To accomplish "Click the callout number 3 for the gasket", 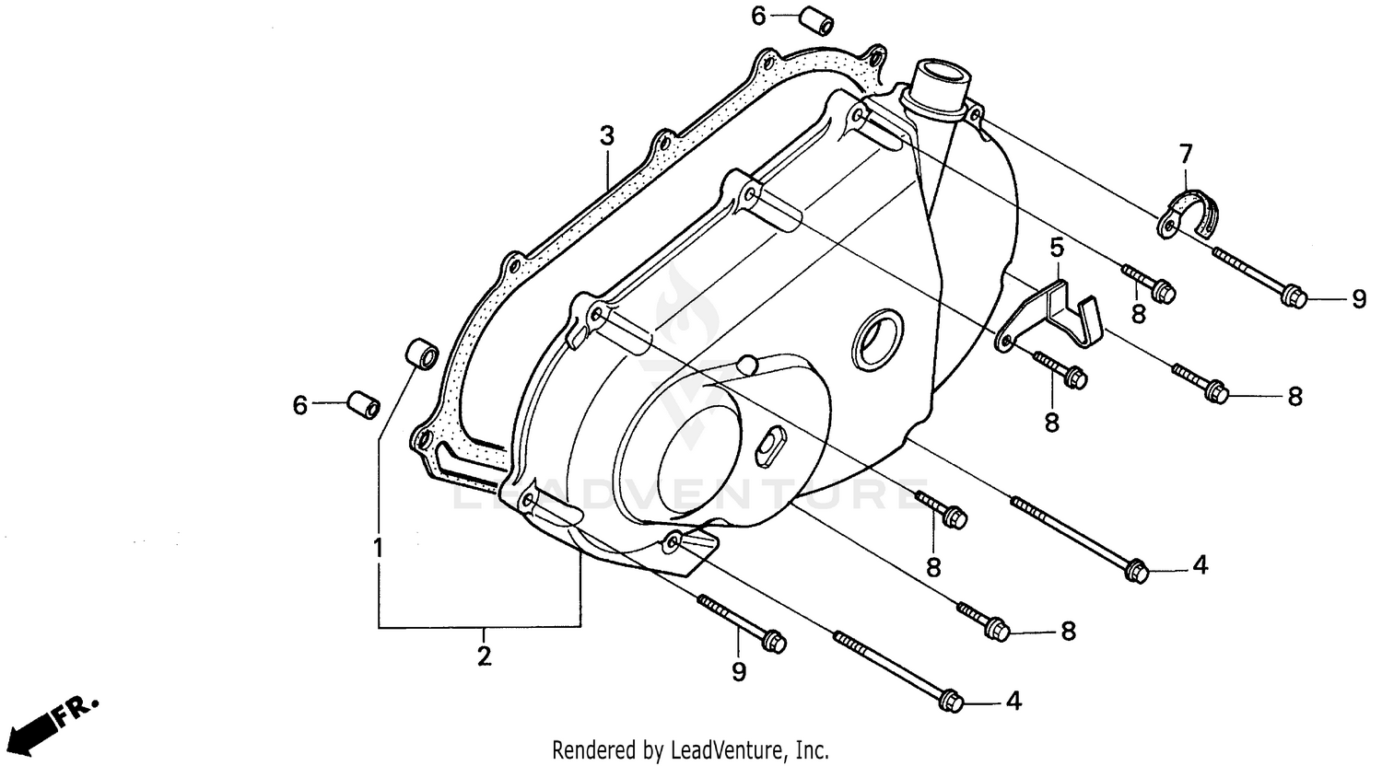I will coord(605,136).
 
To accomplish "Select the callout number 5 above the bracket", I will coord(1057,246).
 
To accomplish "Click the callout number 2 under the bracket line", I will coord(484,656).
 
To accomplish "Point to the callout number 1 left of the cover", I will coord(378,550).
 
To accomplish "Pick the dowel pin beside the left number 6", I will coord(364,404).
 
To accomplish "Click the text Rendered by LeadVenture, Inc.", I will coord(690,749).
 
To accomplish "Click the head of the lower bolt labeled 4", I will coord(953,702).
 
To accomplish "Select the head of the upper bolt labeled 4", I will coord(1135,569).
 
